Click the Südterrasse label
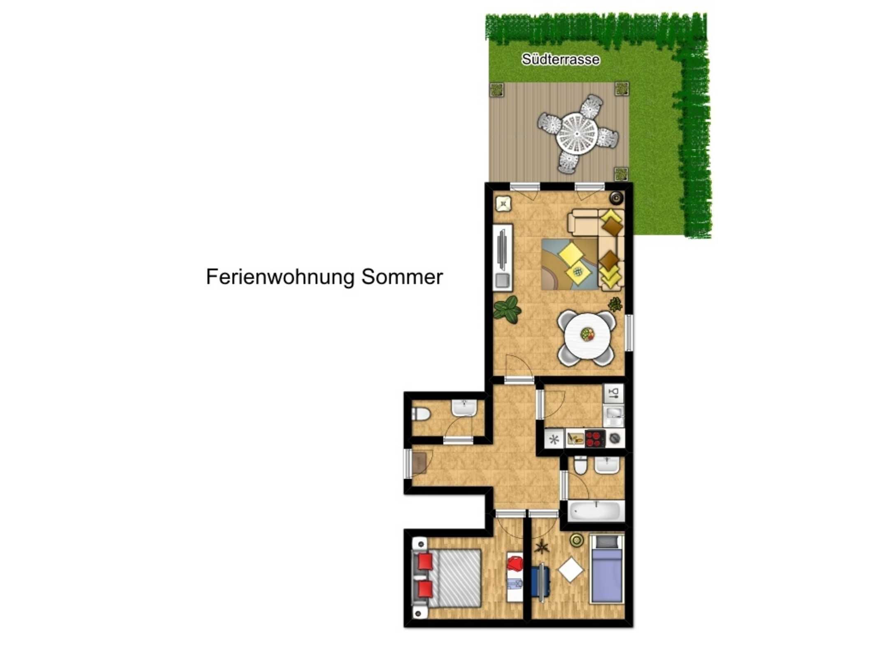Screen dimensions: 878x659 click(x=560, y=59)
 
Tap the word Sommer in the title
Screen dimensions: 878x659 click(x=402, y=277)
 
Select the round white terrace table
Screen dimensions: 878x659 click(x=577, y=134)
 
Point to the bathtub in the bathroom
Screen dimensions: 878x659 click(x=596, y=511)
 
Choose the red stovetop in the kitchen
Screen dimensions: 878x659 click(x=595, y=438)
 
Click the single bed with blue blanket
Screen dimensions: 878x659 click(x=606, y=568)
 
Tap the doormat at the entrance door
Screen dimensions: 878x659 click(x=543, y=463)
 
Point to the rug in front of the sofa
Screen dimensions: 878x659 click(x=570, y=264)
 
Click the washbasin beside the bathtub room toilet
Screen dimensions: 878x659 click(x=606, y=465)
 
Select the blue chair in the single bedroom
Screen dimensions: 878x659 click(x=540, y=582)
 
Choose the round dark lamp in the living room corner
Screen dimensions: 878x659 click(x=616, y=198)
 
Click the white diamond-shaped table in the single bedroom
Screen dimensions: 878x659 click(x=571, y=570)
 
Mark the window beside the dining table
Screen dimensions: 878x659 click(x=629, y=332)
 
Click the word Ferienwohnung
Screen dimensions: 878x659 click(x=280, y=277)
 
